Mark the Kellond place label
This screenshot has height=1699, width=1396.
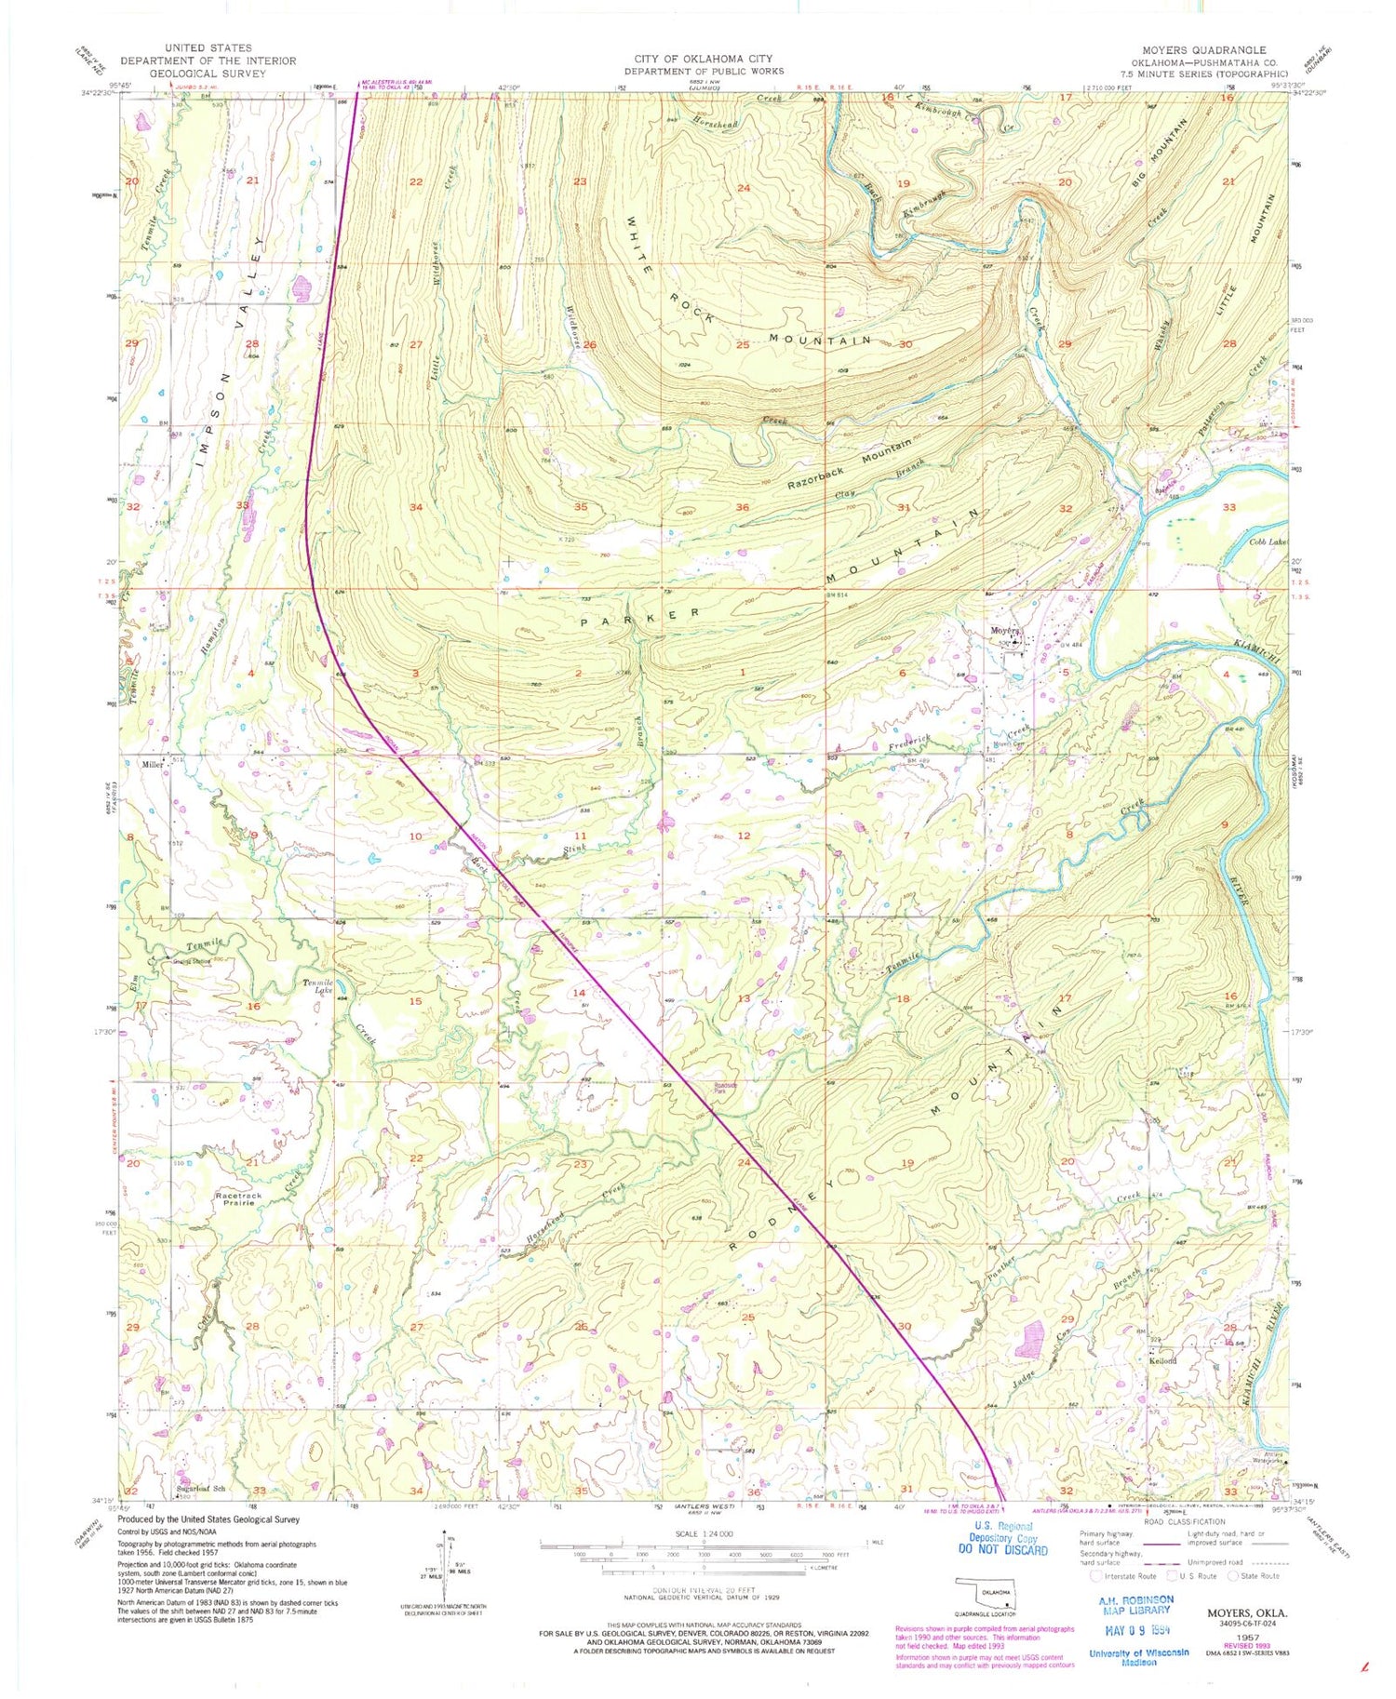pyautogui.click(x=1163, y=1360)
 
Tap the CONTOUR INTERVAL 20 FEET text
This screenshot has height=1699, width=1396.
pyautogui.click(x=703, y=1591)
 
